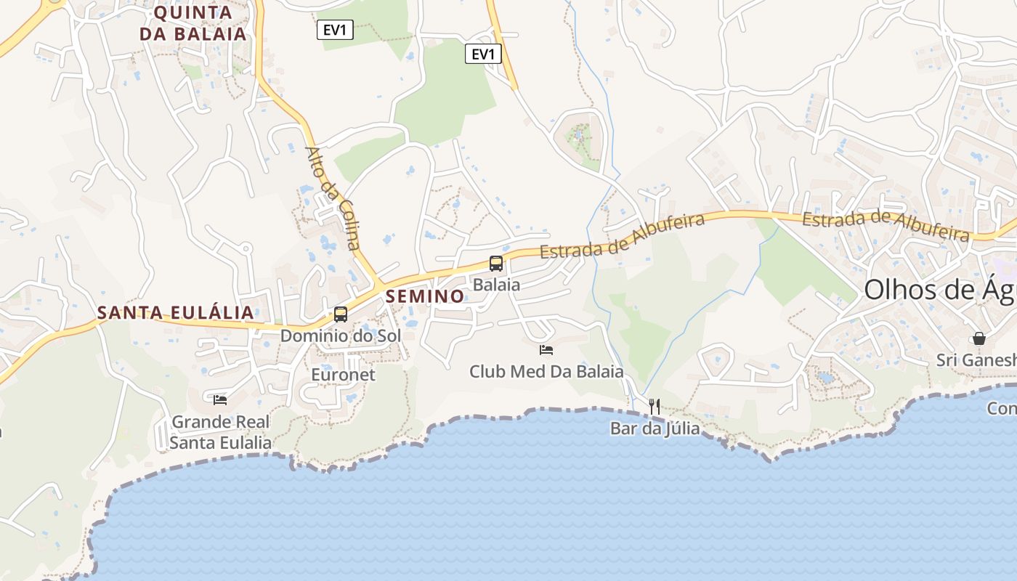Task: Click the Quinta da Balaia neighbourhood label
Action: (193, 23)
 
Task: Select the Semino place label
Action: (425, 296)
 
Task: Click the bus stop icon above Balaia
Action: (496, 264)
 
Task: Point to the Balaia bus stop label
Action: (496, 285)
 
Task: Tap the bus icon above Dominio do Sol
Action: (341, 314)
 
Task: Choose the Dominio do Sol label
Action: (341, 336)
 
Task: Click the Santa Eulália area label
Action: (176, 313)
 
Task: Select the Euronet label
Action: (343, 375)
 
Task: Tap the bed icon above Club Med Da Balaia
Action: (546, 350)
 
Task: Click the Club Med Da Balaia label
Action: (546, 372)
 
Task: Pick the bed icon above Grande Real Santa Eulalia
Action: (220, 399)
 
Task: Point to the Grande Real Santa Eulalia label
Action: (220, 432)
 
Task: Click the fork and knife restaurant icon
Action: (655, 406)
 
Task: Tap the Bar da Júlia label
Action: (655, 428)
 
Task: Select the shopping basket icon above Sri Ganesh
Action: (979, 338)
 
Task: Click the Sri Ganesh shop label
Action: (976, 360)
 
